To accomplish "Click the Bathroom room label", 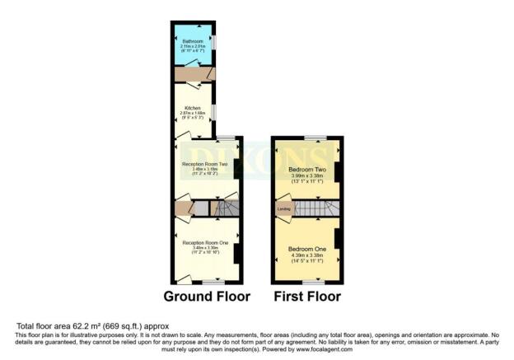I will click(x=193, y=38).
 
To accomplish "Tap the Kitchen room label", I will click(x=192, y=107).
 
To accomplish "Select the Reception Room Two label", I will click(x=205, y=164).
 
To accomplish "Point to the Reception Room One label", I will click(x=205, y=243).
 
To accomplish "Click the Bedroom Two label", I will click(x=307, y=169).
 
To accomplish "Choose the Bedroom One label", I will click(x=307, y=248).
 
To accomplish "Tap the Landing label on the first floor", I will click(x=283, y=208).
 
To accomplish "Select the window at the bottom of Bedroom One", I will click(x=307, y=282).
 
